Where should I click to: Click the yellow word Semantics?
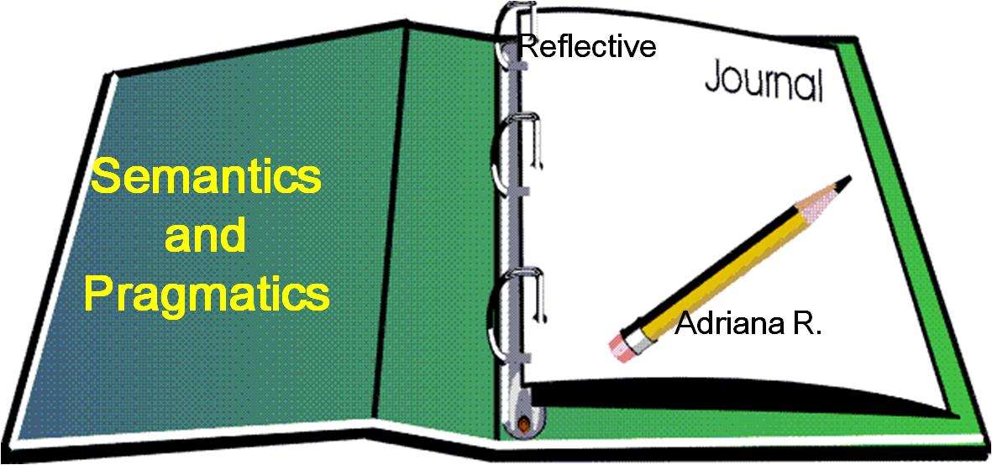point(206,179)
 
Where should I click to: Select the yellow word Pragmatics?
point(207,295)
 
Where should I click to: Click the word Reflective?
point(586,46)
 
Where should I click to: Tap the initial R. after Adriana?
point(808,324)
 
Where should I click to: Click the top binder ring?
point(514,34)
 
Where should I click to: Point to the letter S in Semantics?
point(103,179)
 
